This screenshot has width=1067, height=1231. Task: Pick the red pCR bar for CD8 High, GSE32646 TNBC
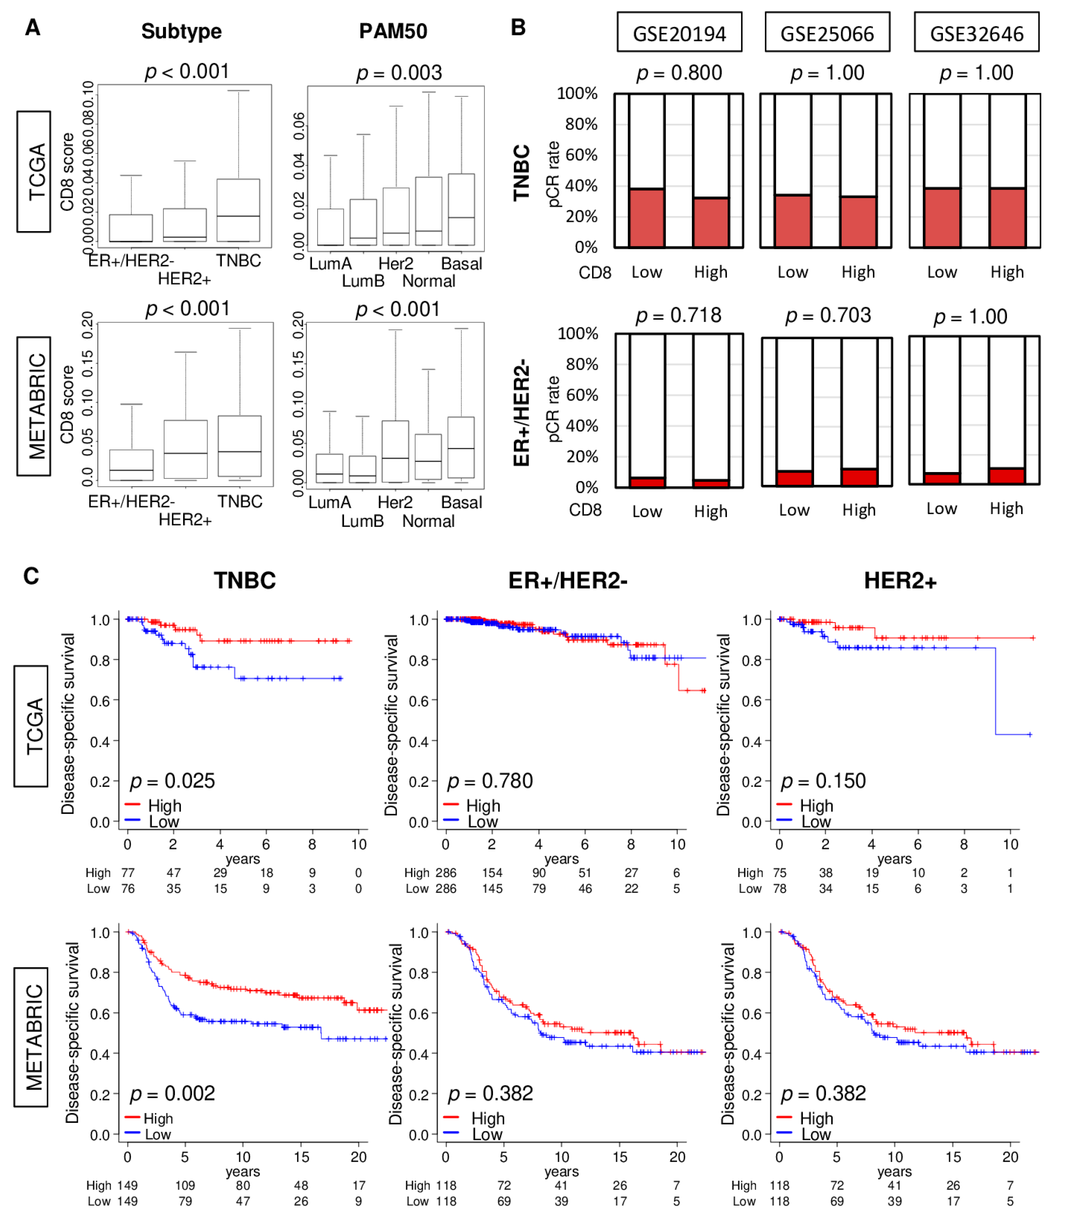[1007, 218]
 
